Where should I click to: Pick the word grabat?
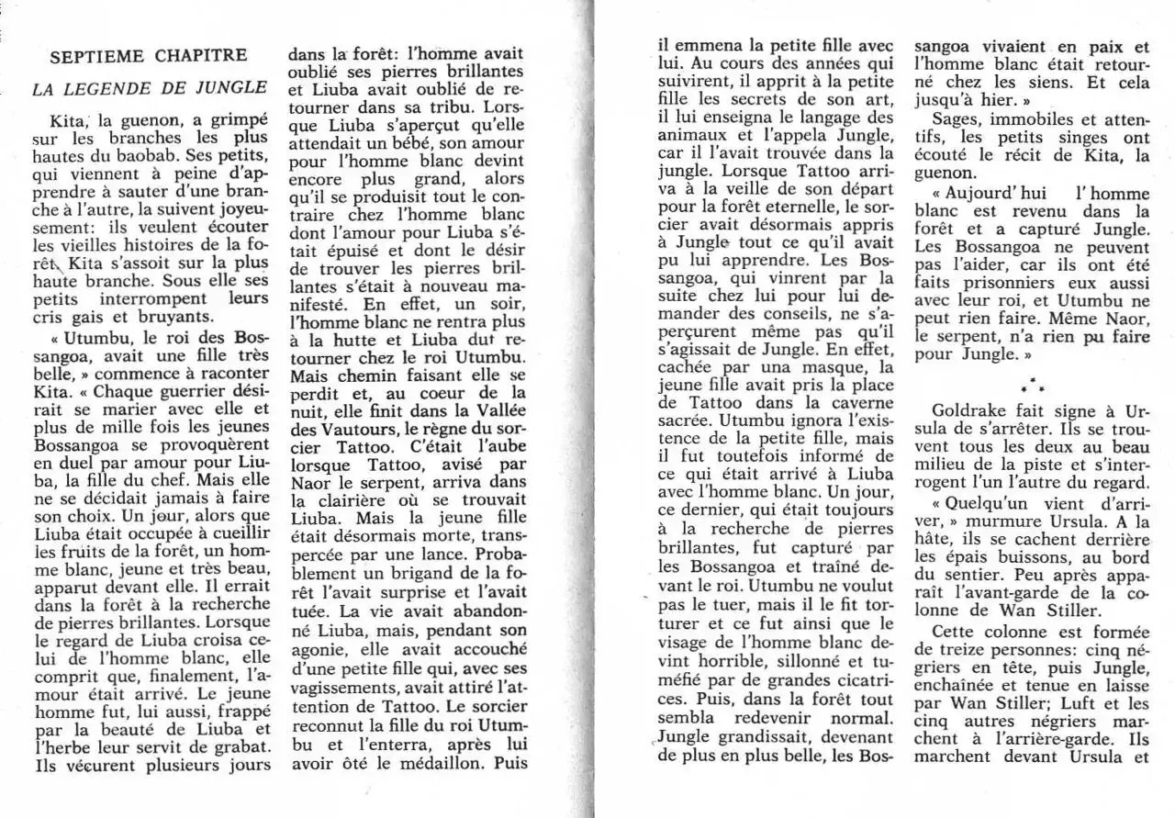[x=240, y=747]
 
